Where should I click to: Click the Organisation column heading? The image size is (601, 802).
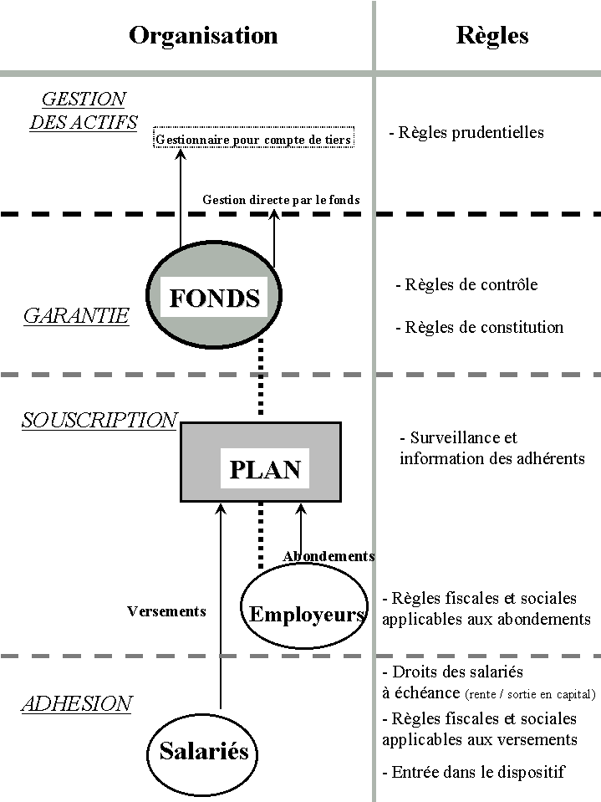point(203,35)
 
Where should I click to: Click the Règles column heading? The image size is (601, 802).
point(492,35)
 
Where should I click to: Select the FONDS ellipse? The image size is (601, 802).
point(215,298)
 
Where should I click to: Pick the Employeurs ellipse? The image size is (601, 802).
point(305,610)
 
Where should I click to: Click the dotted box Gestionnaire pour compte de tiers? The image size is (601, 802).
point(254,139)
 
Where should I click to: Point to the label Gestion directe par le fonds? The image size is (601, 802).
point(281,200)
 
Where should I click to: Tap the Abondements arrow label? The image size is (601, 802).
point(329,556)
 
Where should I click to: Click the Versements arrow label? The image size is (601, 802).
point(166,611)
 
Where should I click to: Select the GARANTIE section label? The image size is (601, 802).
point(76,316)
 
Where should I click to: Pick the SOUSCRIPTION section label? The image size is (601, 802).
point(99,420)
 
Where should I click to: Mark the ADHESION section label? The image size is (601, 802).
point(76,704)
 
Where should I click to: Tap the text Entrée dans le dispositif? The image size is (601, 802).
point(473,772)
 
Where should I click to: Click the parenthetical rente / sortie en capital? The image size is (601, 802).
point(531,694)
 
